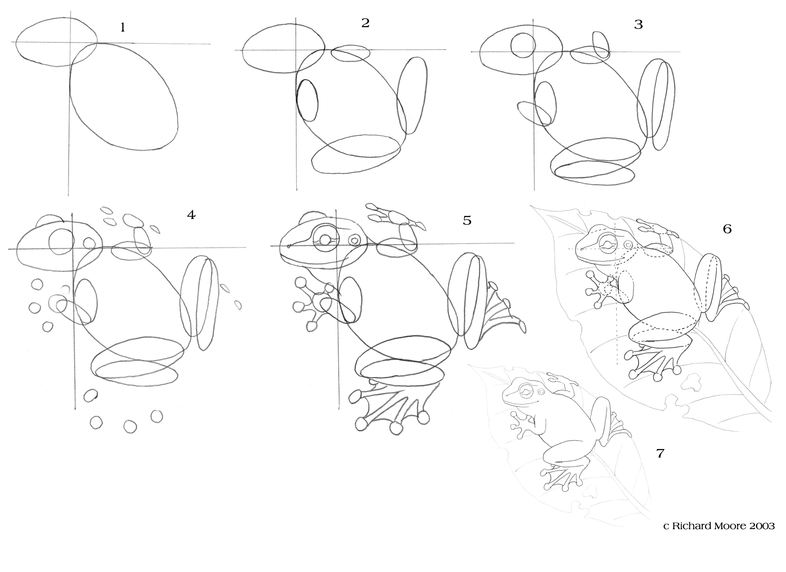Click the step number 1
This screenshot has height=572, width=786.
click(x=122, y=27)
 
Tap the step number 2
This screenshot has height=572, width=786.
click(x=365, y=23)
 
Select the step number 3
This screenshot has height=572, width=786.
click(x=638, y=25)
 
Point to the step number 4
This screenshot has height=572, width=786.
click(x=191, y=215)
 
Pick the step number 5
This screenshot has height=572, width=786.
click(x=467, y=221)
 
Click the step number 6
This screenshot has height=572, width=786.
click(x=727, y=229)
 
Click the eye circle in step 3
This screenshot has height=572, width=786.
click(x=523, y=45)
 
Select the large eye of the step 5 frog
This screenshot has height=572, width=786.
click(x=326, y=239)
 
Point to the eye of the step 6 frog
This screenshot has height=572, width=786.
click(x=608, y=243)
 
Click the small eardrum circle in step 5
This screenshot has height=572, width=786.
click(x=354, y=240)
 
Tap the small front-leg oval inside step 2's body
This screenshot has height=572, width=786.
click(x=307, y=101)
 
